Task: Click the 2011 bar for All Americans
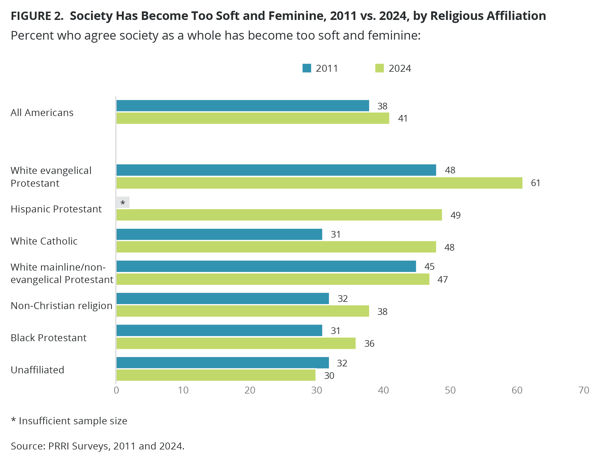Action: [x=242, y=106]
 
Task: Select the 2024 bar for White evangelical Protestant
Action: [x=319, y=183]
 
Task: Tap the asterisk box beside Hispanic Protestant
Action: [x=123, y=202]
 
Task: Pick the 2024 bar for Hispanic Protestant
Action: [x=279, y=215]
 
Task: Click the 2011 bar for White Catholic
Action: [x=219, y=234]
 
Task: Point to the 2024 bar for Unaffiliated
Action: [x=216, y=375]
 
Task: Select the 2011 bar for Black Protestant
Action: [x=219, y=330]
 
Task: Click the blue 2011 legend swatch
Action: [x=307, y=68]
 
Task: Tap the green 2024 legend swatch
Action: [x=379, y=68]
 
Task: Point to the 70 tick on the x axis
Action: [x=584, y=390]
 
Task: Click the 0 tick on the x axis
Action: [x=116, y=390]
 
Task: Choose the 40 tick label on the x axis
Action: [x=383, y=390]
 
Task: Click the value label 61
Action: [x=535, y=183]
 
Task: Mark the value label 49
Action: [x=455, y=215]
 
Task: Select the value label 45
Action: [x=429, y=266]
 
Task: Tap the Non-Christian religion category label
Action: [x=62, y=306]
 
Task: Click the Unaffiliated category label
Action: [x=37, y=370]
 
